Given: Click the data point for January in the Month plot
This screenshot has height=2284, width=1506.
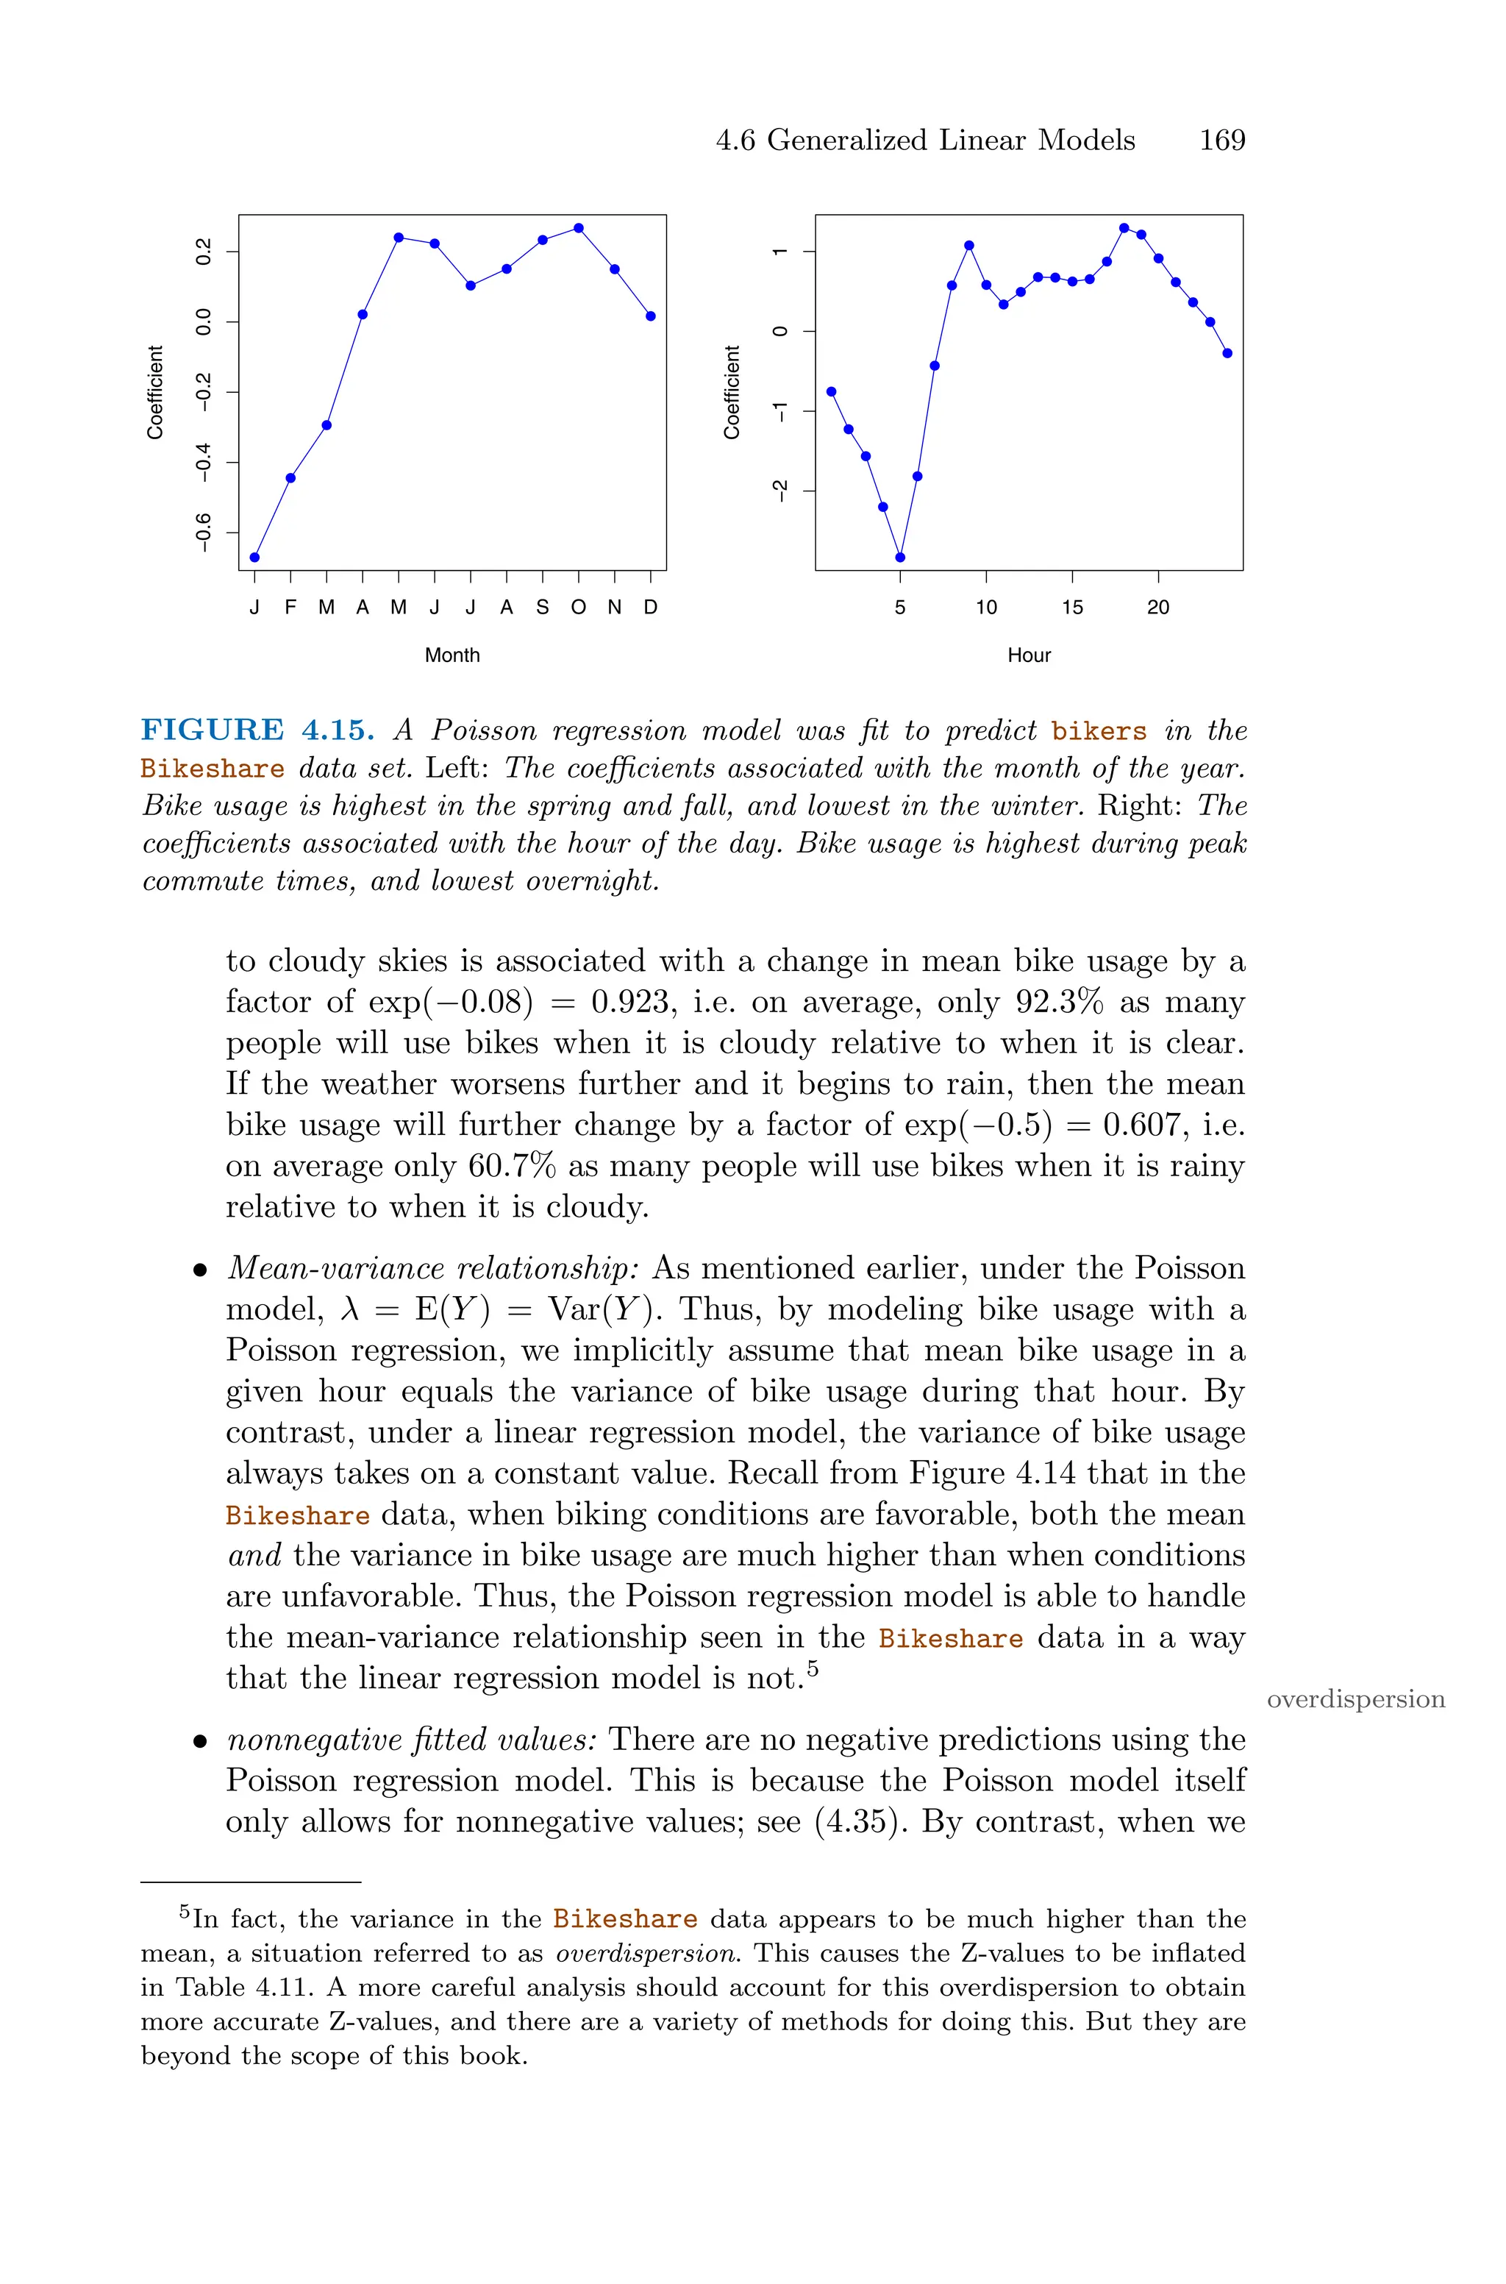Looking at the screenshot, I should pos(254,557).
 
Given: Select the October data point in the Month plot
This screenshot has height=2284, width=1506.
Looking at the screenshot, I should pos(578,227).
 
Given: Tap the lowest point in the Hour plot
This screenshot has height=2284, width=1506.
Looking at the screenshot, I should pos(900,557).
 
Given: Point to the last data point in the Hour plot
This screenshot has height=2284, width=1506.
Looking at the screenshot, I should pos(1227,354).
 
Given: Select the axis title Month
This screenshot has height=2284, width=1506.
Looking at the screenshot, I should pos(452,655).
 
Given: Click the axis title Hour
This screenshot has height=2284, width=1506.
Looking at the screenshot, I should pos(1029,655).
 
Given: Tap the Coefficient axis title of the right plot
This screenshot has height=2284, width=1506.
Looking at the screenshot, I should pos(732,392).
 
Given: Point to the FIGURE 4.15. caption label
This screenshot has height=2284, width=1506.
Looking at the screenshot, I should pos(257,731).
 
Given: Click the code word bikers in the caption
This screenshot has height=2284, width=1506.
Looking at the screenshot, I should pos(1099,732).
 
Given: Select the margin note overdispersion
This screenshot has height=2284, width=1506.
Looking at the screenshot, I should pos(1355,1699).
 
